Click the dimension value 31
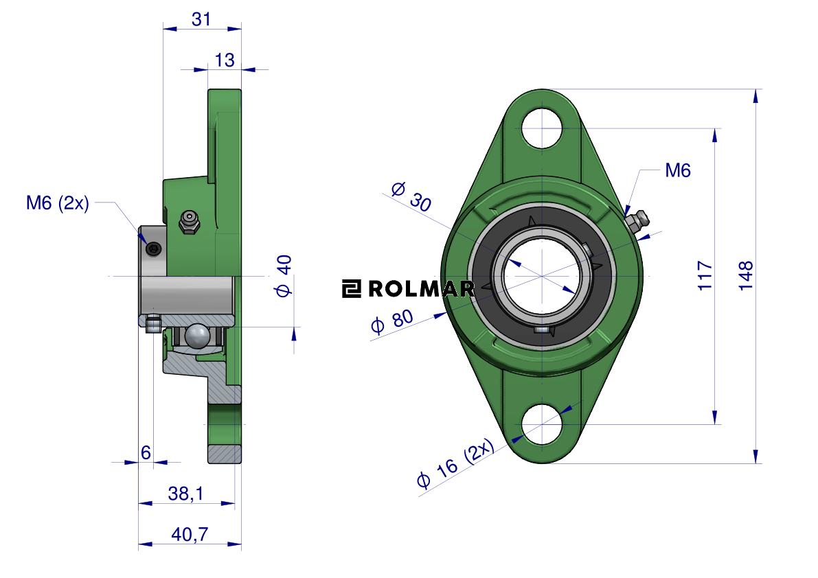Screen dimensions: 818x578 (201, 19)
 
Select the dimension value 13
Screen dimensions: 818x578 (225, 60)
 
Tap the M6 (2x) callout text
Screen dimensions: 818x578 (58, 203)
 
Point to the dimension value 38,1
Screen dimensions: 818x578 (185, 493)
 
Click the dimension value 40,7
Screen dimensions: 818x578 (190, 534)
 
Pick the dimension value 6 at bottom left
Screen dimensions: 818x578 (146, 452)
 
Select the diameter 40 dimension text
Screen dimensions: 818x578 (284, 276)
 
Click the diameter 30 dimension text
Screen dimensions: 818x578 (411, 196)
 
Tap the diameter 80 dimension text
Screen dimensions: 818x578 (391, 321)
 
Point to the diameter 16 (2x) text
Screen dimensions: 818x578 (455, 463)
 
